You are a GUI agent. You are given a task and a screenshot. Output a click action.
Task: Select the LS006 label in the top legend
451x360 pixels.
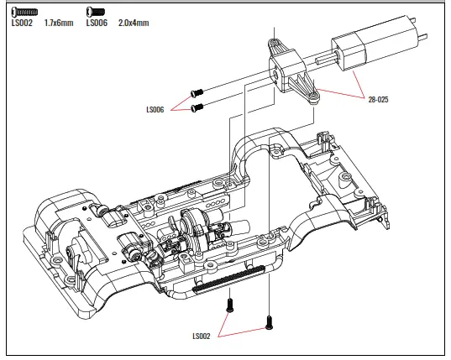click(97, 23)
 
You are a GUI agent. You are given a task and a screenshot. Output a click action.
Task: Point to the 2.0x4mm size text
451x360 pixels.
click(133, 23)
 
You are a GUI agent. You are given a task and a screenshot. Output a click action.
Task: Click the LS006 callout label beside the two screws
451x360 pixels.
click(156, 109)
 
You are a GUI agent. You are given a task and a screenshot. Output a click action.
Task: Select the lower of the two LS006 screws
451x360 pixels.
click(199, 107)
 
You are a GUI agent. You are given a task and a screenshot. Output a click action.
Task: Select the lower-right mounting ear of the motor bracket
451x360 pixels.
click(314, 99)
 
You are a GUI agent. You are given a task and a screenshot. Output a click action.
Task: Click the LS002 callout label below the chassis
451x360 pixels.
click(202, 337)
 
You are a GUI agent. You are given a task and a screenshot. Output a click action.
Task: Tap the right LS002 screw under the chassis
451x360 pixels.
click(268, 320)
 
